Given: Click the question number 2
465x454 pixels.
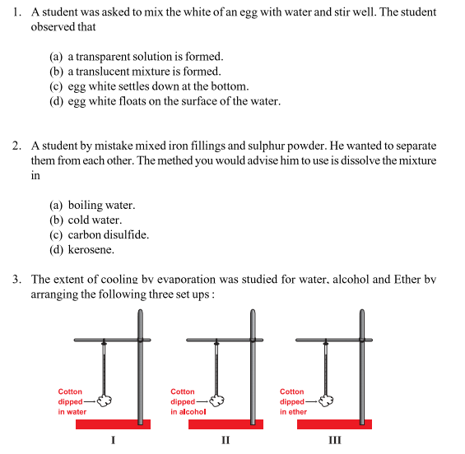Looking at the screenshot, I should (16, 146).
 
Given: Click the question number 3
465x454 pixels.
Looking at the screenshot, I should (16, 280).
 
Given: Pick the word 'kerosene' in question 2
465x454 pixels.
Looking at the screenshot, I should (91, 249).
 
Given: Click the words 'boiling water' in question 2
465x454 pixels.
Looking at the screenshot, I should (101, 205).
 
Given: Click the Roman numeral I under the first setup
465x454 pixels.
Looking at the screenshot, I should (113, 440).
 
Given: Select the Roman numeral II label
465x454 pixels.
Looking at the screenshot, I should (226, 440).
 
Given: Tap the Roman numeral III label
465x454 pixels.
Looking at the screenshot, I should (334, 440).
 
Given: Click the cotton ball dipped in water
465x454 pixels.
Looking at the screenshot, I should (104, 401).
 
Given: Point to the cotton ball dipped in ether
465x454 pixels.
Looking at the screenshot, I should (327, 401).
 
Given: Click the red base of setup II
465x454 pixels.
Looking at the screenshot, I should (226, 424).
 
